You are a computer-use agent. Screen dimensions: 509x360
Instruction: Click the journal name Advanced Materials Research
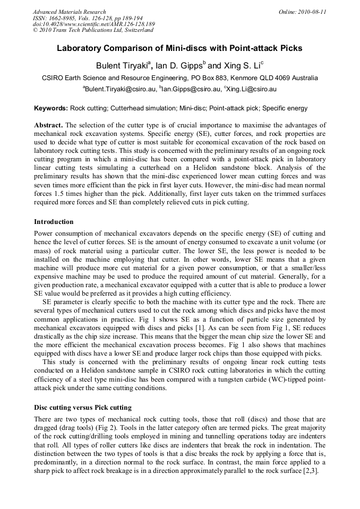pos(69,12)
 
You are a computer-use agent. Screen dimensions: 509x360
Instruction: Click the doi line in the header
pos(93,24)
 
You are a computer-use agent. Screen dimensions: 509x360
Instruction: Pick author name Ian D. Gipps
pos(181,66)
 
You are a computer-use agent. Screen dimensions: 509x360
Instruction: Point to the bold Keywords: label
pos(51,108)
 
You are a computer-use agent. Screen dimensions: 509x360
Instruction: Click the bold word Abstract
pos(48,125)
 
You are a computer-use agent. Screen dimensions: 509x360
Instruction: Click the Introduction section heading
pos(54,222)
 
